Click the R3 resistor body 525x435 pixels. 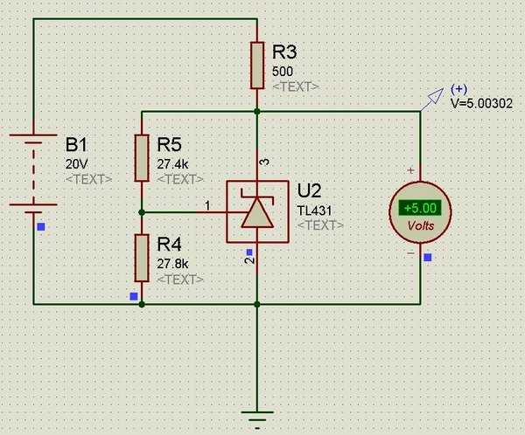coord(257,66)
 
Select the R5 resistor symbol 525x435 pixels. coord(142,158)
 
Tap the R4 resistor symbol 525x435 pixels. coord(142,258)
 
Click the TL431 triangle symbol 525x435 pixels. coord(257,213)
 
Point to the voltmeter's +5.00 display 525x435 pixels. coord(420,208)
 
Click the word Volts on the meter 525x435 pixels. coord(421,225)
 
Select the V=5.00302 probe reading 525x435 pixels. coord(481,103)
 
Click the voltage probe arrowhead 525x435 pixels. coord(437,95)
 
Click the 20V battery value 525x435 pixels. coord(77,164)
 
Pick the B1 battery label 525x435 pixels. coord(76,144)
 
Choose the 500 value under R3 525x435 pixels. coord(283,72)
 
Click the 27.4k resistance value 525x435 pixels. coord(172,164)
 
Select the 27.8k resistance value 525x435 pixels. coord(172,264)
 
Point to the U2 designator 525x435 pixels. coord(309,190)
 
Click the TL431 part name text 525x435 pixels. coord(314,211)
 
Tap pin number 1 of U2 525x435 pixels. coord(208,205)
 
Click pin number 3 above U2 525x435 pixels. coord(264,162)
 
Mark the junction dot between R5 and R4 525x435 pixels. coord(142,212)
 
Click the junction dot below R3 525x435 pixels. coord(257,111)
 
